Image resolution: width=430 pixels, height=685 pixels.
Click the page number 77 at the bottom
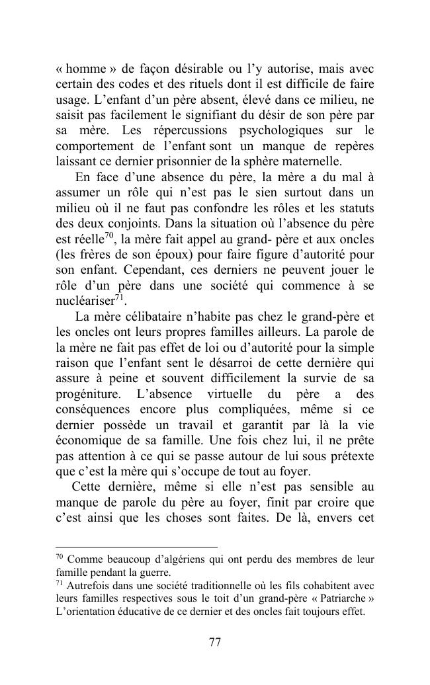[214, 641]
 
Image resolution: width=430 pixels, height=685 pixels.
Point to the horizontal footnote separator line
[136, 547]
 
